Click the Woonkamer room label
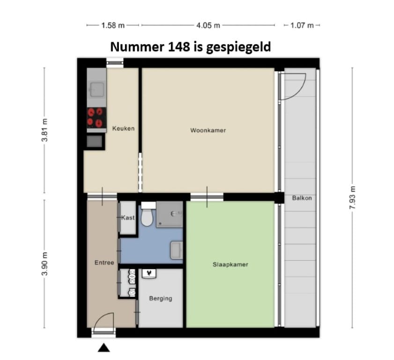coord(208,130)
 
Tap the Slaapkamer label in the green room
coord(230,264)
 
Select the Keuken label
coord(123,128)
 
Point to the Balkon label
coord(302,198)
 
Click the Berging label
coord(161,299)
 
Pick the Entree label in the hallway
coord(104,262)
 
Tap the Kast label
coord(128,217)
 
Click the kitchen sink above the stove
coord(97,90)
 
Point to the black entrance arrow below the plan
coord(104,348)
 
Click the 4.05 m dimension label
coord(208,25)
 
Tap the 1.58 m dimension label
coord(113,25)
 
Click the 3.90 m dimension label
coord(45,264)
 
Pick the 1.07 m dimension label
coord(302,25)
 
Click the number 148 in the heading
coord(178,47)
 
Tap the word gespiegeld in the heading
coord(238,47)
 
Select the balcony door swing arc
coord(301,91)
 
